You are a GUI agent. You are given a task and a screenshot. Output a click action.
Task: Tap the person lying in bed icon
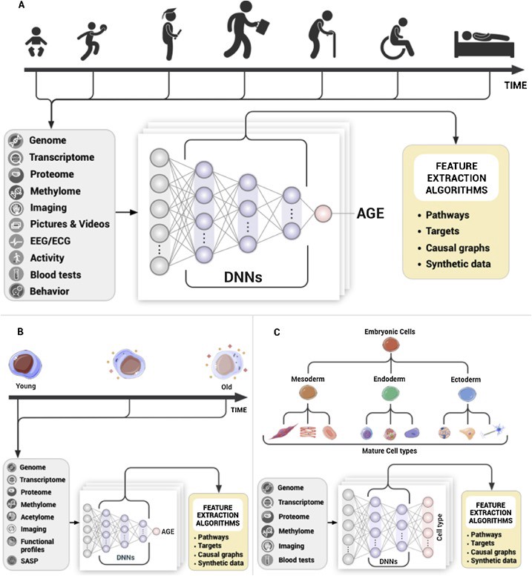pyautogui.click(x=484, y=44)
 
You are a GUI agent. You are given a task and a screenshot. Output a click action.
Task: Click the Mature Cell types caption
pyautogui.click(x=391, y=449)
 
